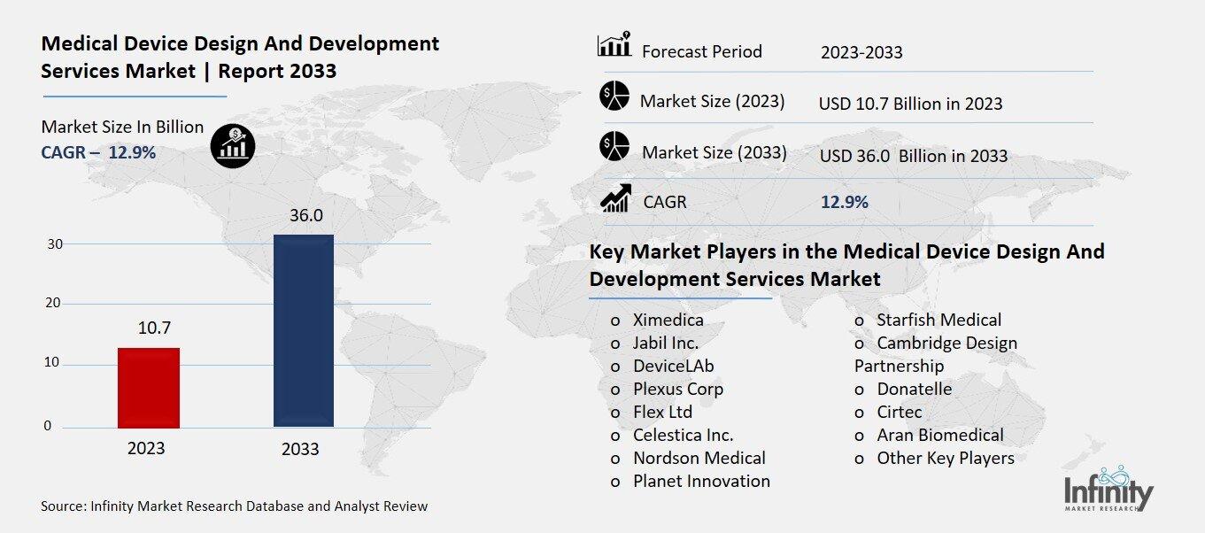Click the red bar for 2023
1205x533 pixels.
pos(149,387)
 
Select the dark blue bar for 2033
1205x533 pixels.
pos(303,330)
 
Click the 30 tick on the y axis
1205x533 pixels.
pos(53,243)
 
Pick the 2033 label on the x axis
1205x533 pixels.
pos(300,449)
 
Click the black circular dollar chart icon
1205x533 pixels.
pos(233,143)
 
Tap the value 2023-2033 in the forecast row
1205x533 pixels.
pos(861,52)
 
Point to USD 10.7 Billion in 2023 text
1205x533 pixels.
pos(910,104)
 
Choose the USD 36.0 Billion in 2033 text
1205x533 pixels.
pos(913,156)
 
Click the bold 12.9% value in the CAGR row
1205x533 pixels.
pos(845,202)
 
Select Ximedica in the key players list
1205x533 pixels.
pos(668,320)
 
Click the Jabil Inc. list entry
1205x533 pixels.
pos(665,343)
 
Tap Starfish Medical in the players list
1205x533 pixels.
pos(939,320)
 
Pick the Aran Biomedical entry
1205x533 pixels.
pos(939,435)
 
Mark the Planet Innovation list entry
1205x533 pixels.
pos(701,481)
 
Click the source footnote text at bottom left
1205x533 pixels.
pos(234,506)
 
